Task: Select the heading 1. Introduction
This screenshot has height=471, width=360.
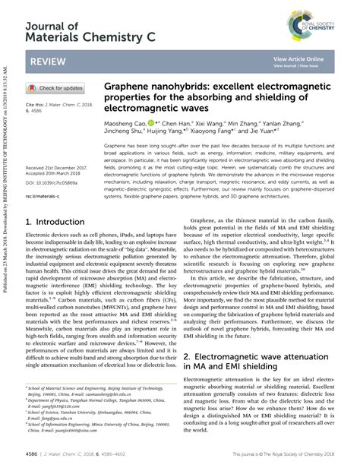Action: pos(55,222)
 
